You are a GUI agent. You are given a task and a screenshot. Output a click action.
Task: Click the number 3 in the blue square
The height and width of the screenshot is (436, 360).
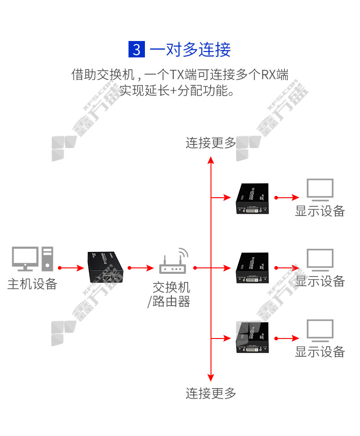click(x=137, y=49)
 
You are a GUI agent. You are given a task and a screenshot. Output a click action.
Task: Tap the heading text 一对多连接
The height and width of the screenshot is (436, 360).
click(x=190, y=49)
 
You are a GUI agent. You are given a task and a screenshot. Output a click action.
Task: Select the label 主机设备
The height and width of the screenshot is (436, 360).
click(x=32, y=284)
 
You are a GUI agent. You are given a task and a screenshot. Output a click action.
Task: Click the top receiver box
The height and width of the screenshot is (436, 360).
click(x=252, y=199)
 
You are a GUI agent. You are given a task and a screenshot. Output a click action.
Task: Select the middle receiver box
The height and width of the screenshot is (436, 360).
click(x=252, y=268)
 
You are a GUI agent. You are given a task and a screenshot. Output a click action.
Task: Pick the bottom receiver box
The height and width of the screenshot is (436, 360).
click(x=252, y=338)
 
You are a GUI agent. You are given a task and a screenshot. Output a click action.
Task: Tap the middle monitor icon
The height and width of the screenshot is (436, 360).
click(x=320, y=260)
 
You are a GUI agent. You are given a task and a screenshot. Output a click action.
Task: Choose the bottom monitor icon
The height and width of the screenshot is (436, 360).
click(x=320, y=331)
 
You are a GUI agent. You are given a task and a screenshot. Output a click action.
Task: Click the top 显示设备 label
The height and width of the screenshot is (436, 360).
click(x=320, y=211)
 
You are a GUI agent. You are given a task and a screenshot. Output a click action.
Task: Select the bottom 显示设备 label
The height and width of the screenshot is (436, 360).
click(x=320, y=352)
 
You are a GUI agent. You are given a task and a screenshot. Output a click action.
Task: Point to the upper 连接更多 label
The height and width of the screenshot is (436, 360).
click(x=211, y=143)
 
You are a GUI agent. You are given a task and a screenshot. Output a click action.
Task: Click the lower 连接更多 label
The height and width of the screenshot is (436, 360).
click(x=211, y=393)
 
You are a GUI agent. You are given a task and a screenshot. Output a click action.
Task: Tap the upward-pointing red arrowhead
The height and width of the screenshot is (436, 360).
click(x=211, y=160)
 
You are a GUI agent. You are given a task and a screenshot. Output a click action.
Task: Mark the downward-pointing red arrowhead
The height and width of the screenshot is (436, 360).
click(x=211, y=377)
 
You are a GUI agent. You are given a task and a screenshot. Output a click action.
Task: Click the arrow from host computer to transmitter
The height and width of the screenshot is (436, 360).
click(x=72, y=268)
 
